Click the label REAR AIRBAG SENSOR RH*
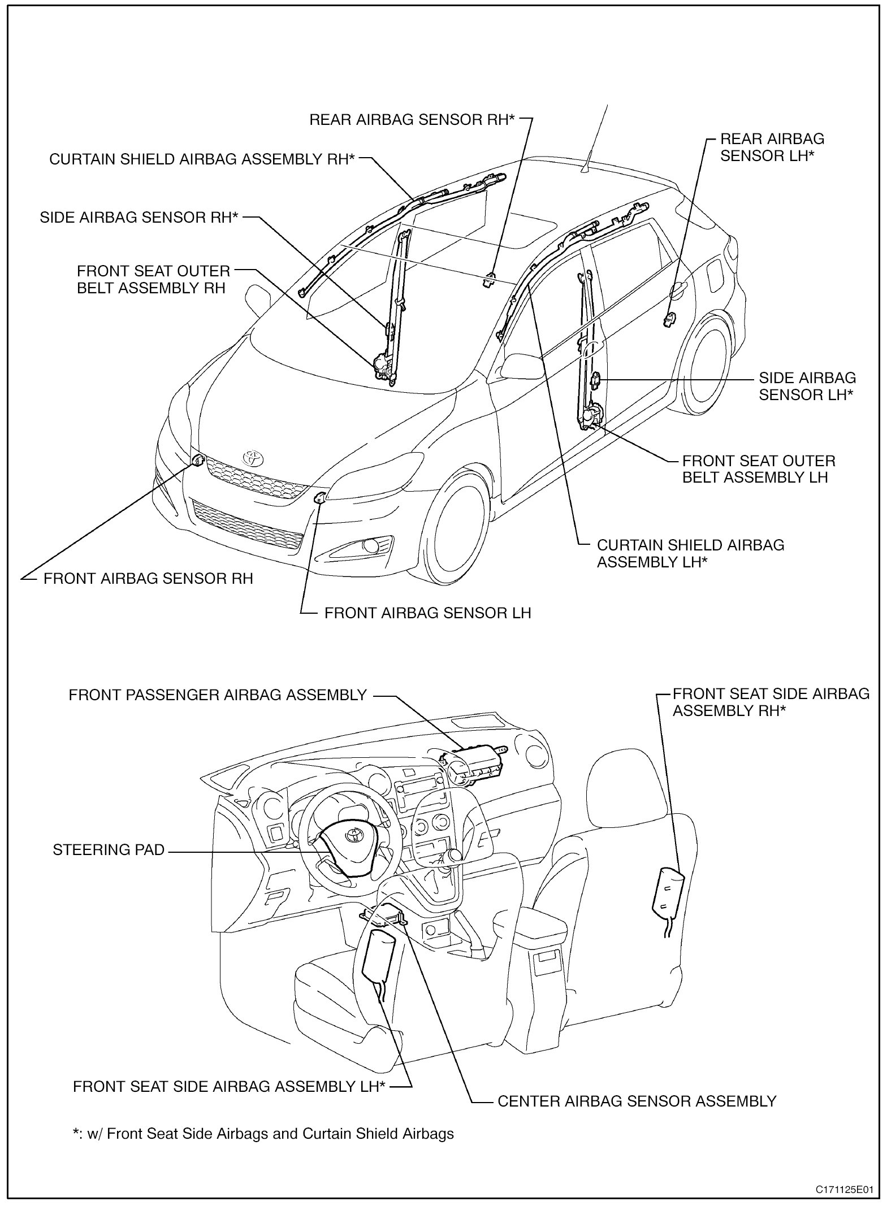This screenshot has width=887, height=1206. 412,120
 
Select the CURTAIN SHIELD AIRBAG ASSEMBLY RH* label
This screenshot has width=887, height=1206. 202,159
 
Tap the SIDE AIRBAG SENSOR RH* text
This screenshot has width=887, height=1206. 139,218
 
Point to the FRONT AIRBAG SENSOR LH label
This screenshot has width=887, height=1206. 427,613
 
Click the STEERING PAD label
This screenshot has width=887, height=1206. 109,850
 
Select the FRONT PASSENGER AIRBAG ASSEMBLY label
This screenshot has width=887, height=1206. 218,695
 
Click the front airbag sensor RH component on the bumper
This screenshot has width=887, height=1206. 197,461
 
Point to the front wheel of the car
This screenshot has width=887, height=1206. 453,526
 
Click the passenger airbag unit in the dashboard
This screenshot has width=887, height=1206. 474,767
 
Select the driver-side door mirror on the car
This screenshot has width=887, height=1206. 518,365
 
